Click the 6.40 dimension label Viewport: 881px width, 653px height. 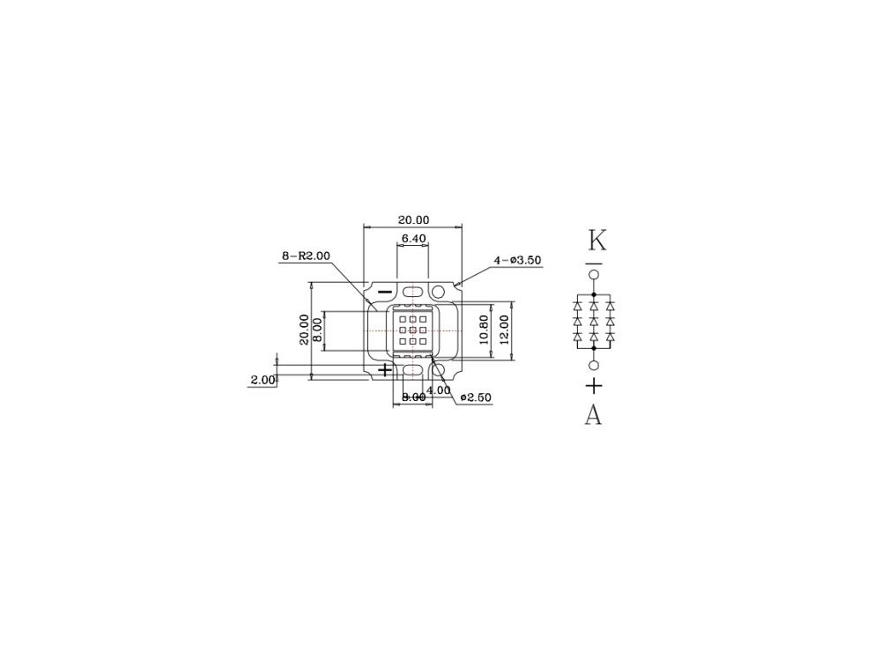(x=413, y=238)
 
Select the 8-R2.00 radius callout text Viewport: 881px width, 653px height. (x=306, y=256)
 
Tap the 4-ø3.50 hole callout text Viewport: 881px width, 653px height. (x=517, y=260)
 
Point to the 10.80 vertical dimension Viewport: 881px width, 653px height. (x=484, y=330)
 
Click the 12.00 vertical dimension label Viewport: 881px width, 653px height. (x=504, y=330)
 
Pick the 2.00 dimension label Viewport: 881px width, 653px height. (x=263, y=379)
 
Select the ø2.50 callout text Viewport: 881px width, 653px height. (x=476, y=397)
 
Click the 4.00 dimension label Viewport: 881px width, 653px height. (x=439, y=390)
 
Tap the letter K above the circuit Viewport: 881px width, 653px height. (x=596, y=240)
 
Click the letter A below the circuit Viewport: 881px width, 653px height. (x=593, y=415)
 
